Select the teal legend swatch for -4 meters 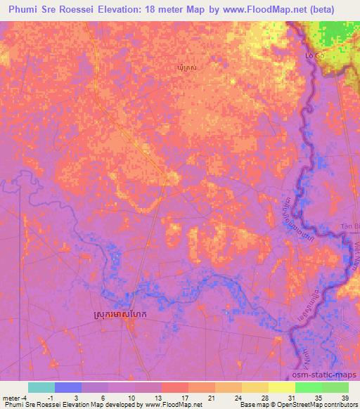[41, 387]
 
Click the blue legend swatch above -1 [67, 387]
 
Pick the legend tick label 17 [174, 398]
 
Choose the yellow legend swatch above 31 [281, 387]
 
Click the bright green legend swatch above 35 [308, 387]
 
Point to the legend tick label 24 [228, 398]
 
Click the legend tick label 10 [121, 398]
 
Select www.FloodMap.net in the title [266, 9]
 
